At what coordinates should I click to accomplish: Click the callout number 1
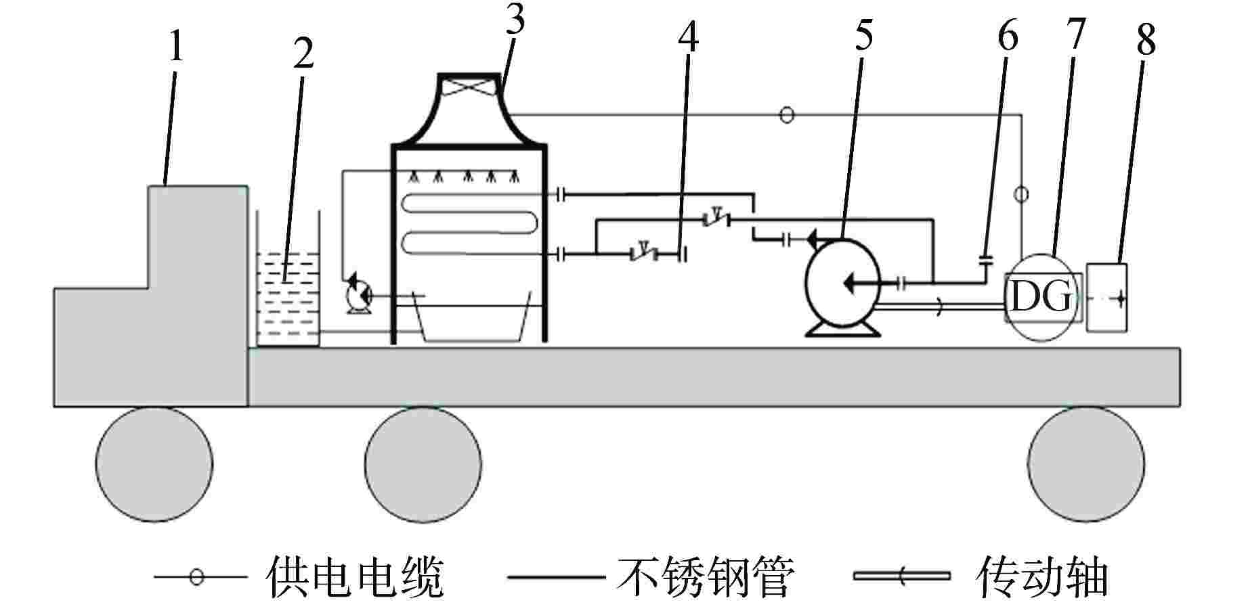click(x=176, y=47)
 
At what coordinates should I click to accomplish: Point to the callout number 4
click(x=687, y=37)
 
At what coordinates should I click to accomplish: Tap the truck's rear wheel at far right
click(x=1085, y=464)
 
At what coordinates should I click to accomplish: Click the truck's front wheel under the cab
click(x=154, y=464)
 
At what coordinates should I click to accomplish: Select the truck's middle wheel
click(x=423, y=464)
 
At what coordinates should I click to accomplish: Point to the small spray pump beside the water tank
click(x=355, y=294)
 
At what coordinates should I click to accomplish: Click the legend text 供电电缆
click(x=356, y=577)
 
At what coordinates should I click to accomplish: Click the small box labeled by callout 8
click(x=1106, y=298)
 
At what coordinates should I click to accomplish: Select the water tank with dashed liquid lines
click(x=288, y=298)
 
